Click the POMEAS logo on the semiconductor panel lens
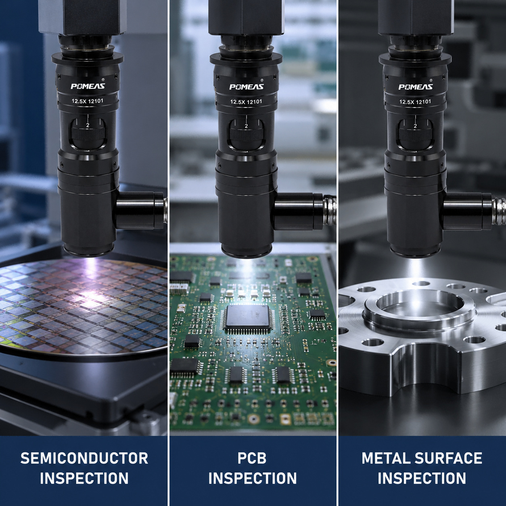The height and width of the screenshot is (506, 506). click(x=88, y=86)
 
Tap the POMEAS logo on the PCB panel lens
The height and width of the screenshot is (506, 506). click(x=246, y=87)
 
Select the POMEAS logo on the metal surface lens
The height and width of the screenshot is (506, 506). click(x=415, y=87)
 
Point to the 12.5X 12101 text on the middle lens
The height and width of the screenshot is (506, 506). click(x=246, y=102)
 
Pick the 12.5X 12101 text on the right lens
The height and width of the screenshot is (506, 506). click(x=415, y=102)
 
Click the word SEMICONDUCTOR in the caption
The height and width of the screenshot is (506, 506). click(x=84, y=458)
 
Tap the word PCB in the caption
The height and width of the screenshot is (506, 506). click(x=252, y=458)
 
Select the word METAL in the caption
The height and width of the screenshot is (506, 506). click(x=386, y=458)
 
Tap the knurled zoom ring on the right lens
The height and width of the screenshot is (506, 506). click(x=415, y=134)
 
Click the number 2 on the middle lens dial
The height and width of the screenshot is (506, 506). click(x=246, y=126)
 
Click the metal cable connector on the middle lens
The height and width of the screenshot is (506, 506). click(x=330, y=209)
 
